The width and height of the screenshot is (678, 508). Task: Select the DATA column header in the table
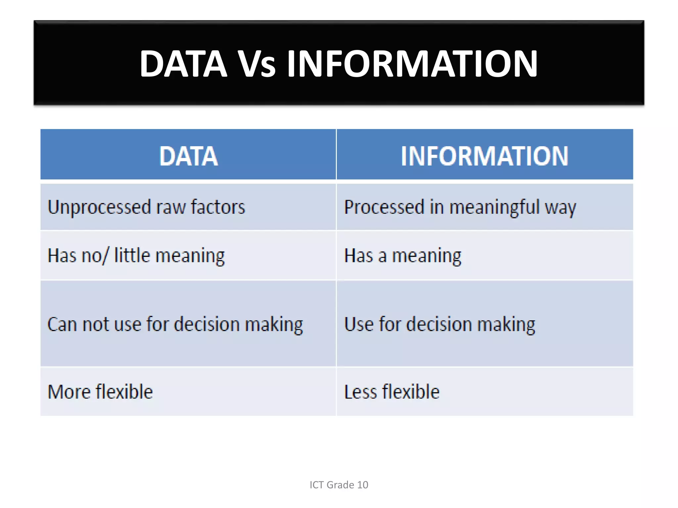point(188,156)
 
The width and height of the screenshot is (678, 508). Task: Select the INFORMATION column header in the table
point(484,156)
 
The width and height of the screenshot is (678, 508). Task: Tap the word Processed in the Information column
point(384,207)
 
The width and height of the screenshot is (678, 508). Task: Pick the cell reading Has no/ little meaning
point(136,256)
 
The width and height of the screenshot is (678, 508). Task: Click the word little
point(132,256)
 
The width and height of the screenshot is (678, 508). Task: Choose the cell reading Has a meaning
point(403,256)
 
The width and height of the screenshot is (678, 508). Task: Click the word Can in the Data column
point(63,324)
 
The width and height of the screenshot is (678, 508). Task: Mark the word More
point(69,392)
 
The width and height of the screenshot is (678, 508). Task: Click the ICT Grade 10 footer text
point(339,485)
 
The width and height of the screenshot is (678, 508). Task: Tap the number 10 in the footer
point(363,485)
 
